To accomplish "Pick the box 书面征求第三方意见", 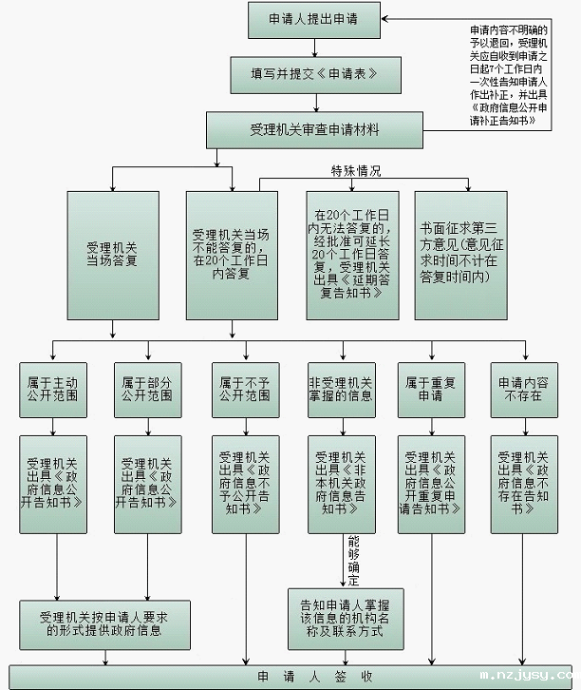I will (460, 255).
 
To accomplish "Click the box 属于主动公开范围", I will (53, 389).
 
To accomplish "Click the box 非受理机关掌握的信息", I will (341, 389).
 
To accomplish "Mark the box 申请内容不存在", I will (523, 389).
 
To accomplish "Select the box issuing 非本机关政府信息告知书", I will (341, 483).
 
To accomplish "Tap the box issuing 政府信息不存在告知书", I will (523, 483).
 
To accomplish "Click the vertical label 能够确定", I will (354, 561).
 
